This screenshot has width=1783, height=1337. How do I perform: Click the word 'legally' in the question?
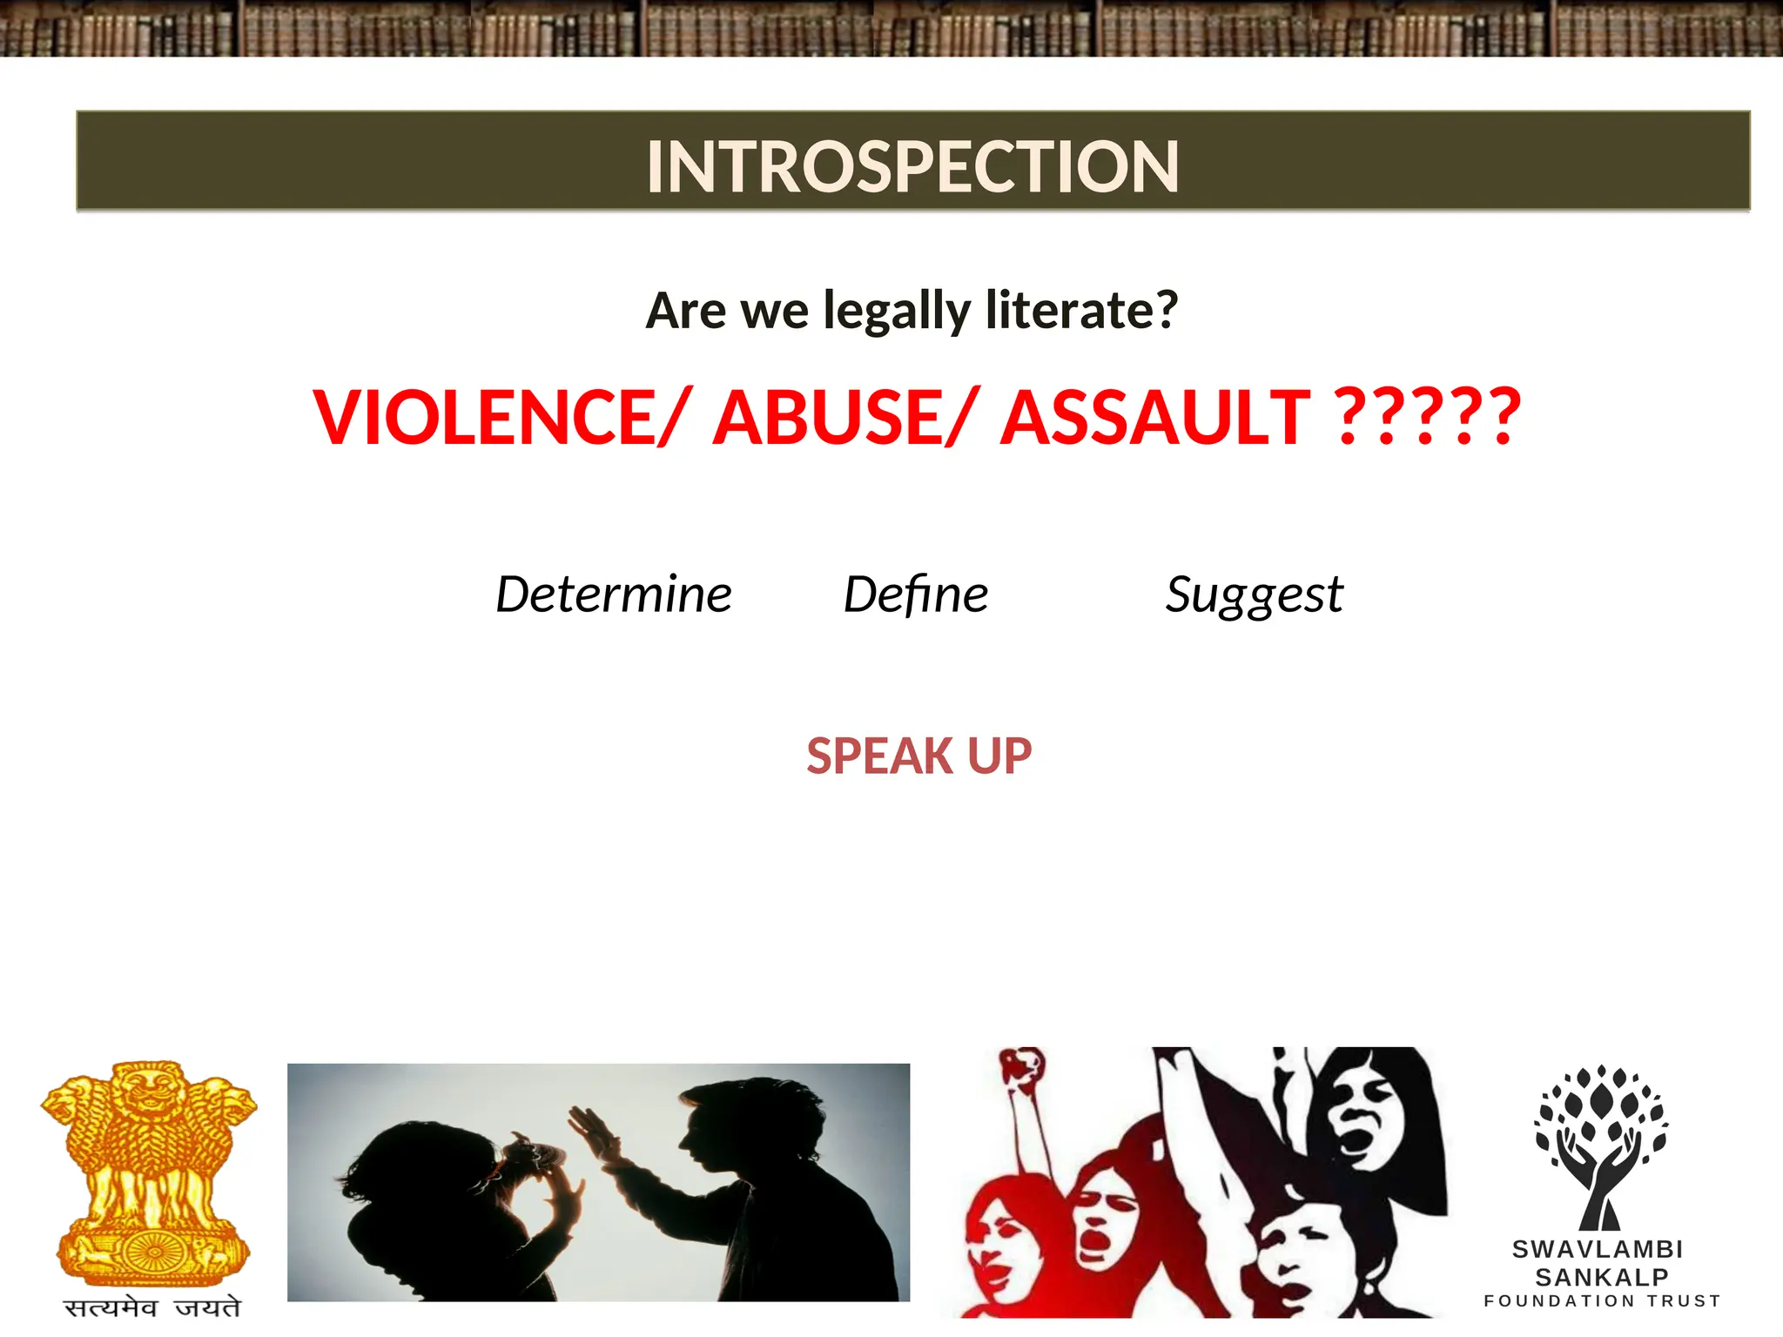click(897, 311)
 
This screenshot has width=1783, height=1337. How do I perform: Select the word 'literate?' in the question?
click(1081, 311)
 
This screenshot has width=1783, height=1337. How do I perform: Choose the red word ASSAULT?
click(1154, 417)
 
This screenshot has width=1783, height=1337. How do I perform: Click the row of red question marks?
click(1428, 417)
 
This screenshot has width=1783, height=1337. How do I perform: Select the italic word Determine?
click(614, 595)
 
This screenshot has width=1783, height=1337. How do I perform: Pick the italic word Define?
click(916, 595)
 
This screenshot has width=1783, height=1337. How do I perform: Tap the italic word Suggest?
click(1254, 595)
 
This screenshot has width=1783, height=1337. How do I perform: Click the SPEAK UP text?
click(918, 756)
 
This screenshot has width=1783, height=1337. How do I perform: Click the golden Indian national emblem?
click(151, 1171)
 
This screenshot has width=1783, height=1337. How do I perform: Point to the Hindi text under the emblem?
click(152, 1307)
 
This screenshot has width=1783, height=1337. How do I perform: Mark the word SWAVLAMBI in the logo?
click(1598, 1249)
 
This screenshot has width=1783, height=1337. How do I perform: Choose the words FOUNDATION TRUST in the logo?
click(1602, 1301)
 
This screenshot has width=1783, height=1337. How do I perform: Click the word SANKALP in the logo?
click(1601, 1277)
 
